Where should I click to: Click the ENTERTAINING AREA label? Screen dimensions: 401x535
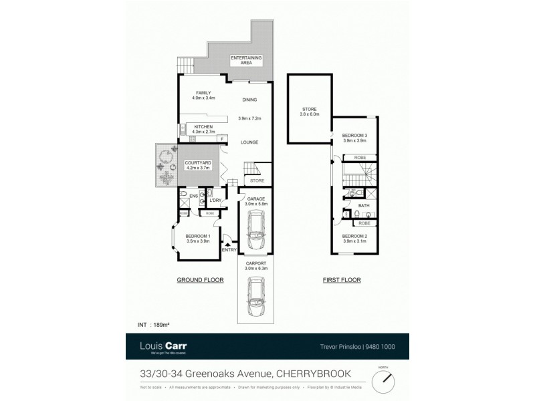pos(245,59)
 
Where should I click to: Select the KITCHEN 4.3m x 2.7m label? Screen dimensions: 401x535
pos(203,129)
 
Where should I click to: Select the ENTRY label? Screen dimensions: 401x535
pos(228,250)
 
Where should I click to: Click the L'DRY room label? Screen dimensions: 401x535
pos(215,200)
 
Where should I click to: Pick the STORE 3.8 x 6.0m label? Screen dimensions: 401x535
pos(310,111)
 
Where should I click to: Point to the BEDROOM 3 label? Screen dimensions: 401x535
pos(355,138)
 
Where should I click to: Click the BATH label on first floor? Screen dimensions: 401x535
pos(364,206)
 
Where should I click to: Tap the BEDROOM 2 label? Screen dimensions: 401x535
pos(354,238)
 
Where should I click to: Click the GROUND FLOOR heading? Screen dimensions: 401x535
pos(200,280)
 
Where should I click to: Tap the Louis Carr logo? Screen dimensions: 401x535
pos(159,346)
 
